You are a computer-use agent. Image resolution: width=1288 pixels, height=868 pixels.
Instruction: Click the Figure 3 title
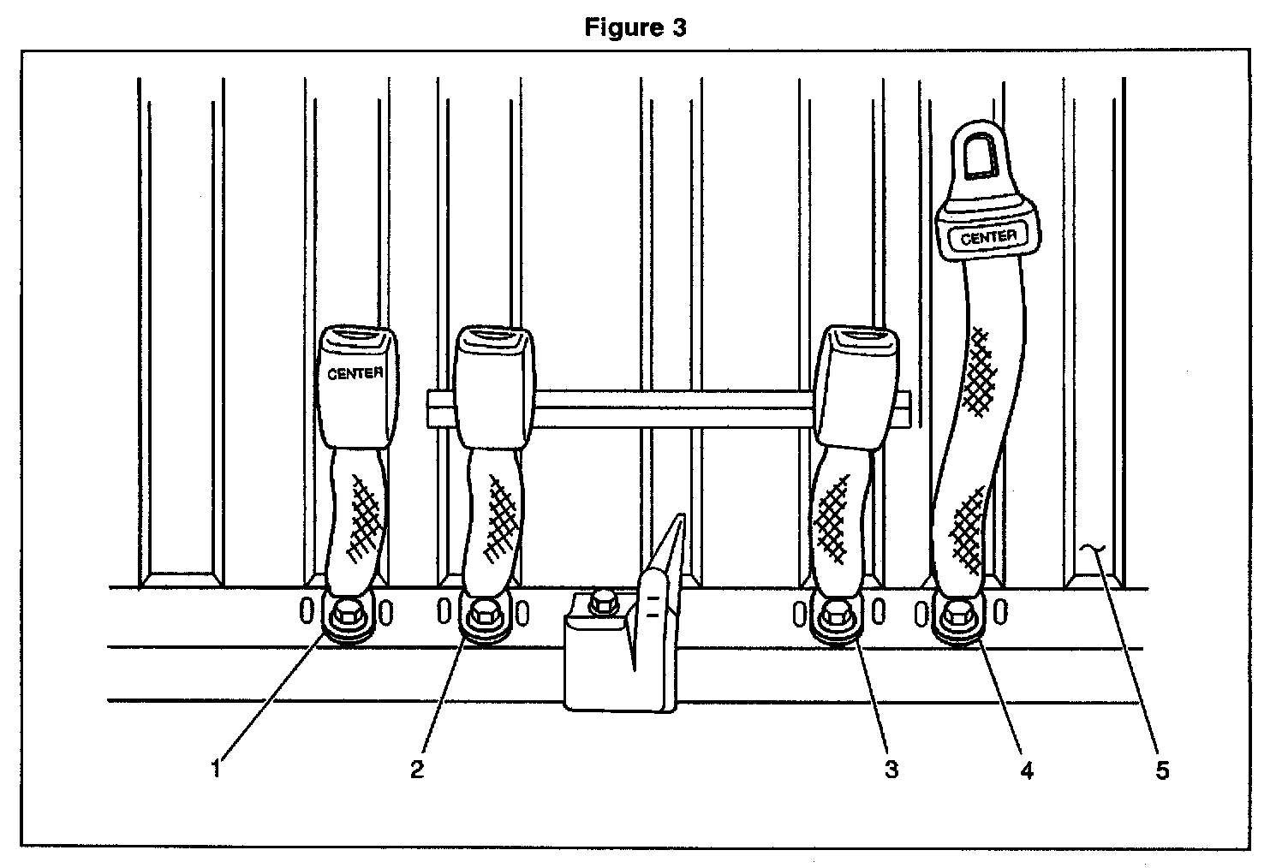[x=635, y=28]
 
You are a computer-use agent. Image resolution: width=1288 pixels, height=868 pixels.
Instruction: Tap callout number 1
[x=217, y=769]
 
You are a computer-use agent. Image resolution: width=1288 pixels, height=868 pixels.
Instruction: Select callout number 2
[x=417, y=769]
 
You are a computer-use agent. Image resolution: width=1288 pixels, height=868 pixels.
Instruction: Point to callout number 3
[x=891, y=769]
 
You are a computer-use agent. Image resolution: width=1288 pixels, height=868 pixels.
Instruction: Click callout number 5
[x=1161, y=770]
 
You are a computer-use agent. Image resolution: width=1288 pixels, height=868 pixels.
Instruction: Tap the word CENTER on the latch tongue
[x=988, y=237]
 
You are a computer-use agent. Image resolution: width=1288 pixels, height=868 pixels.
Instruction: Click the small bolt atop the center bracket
[x=605, y=601]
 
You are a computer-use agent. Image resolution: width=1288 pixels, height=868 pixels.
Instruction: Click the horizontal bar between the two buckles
[x=672, y=408]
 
